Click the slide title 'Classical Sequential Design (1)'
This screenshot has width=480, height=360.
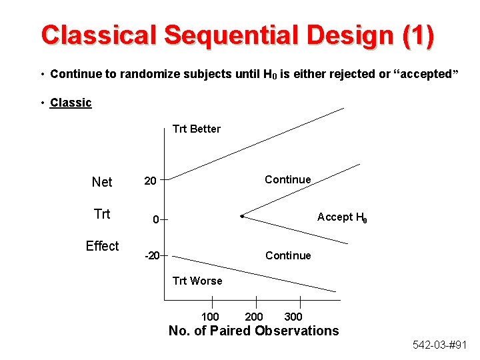coord(237,35)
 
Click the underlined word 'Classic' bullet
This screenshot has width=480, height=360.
coord(71,103)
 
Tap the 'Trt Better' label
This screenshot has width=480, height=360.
coord(196,129)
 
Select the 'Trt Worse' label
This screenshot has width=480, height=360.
coord(197,281)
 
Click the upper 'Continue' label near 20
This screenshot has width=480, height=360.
coord(287,179)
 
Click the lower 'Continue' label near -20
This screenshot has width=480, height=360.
coord(287,255)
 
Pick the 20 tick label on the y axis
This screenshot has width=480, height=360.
coord(151,181)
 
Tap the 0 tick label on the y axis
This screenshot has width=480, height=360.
coord(155,219)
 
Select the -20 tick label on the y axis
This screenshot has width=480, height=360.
coord(153,255)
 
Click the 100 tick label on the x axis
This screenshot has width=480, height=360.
coord(210,317)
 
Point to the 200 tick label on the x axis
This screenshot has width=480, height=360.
coord(254,317)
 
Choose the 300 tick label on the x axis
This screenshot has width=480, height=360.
coord(293,317)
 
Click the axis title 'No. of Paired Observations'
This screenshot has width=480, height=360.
coord(253,331)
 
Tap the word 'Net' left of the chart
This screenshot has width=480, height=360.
coord(102,182)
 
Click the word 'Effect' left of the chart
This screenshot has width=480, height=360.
coord(102,246)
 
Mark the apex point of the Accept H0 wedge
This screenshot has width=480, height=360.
coord(242,216)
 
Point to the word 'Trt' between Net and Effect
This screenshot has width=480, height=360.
coord(102,214)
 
